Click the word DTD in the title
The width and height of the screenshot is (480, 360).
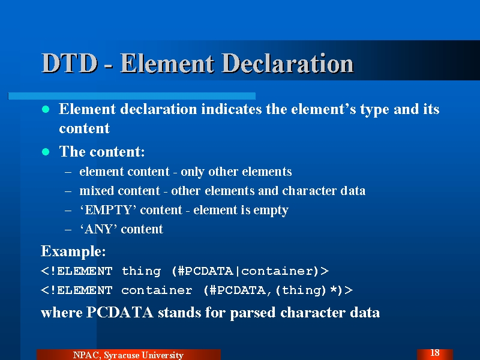click(x=70, y=64)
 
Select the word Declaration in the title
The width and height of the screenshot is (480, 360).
click(x=288, y=64)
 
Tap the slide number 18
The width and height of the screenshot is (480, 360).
click(x=434, y=353)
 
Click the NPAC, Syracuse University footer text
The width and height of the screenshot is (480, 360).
click(x=128, y=355)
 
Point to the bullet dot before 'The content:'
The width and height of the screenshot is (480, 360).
click(x=46, y=152)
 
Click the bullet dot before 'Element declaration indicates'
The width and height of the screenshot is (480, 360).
click(x=46, y=109)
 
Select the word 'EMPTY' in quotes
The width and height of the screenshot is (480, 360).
click(x=108, y=210)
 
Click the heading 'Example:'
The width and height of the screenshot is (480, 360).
click(x=73, y=251)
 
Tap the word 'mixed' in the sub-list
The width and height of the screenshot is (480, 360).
click(x=97, y=191)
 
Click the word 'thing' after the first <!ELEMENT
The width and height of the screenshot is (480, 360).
click(x=141, y=271)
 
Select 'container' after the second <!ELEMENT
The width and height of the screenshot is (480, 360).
click(x=157, y=290)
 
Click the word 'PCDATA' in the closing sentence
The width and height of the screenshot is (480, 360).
click(x=119, y=312)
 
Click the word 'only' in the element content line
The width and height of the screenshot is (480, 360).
click(x=192, y=172)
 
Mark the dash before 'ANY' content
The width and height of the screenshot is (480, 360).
click(x=68, y=229)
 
